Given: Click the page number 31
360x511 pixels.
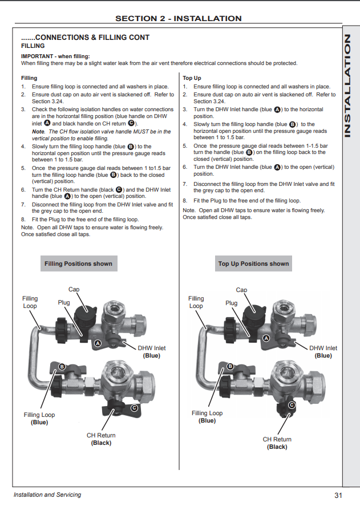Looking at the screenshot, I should point(338,494).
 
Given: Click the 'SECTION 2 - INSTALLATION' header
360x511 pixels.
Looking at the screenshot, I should point(178,18).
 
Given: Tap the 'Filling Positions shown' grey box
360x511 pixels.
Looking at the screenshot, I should point(79,263).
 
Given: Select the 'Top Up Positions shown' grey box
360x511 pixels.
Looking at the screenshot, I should point(253,263).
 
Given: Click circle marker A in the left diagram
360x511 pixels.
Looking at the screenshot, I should point(97,343).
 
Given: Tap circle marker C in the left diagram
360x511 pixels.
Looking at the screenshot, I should point(135,408).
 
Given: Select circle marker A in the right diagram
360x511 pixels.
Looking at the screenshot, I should point(265,339).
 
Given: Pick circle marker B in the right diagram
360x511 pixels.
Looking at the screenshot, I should point(230,366).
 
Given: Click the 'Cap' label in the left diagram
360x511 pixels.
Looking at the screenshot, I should point(74,290).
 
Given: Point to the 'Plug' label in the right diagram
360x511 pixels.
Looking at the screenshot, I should point(231,303).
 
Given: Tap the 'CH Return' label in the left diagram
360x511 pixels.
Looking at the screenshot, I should point(101,435).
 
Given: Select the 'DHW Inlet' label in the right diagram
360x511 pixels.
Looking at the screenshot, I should point(323,348).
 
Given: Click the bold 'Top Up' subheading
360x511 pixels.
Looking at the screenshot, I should point(192,78).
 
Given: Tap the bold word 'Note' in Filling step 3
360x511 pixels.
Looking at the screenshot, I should point(38,131).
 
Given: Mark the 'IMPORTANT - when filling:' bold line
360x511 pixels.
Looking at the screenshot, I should point(55,56).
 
